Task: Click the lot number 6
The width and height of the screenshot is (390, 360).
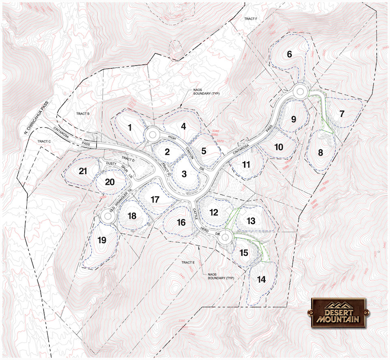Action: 289,54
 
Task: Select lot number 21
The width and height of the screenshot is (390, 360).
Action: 83,171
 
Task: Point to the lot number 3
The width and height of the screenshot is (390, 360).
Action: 184,174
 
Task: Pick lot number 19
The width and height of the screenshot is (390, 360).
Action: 102,240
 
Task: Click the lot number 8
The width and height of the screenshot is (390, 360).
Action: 320,153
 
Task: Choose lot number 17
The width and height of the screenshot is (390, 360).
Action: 154,200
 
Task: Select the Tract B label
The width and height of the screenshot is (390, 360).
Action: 82,114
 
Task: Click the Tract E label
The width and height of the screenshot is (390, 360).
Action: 188,263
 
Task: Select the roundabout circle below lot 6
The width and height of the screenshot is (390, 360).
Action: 300,91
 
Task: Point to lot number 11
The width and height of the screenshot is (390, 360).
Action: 246,164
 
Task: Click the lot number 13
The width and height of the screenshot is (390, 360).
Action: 251,221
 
